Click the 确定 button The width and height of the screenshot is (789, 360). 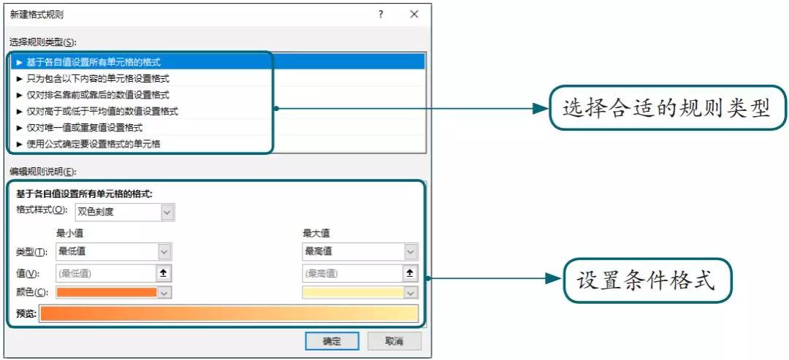332,342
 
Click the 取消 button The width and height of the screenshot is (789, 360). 394,342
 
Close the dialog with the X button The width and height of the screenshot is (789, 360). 414,15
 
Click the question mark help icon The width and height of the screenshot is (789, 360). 381,15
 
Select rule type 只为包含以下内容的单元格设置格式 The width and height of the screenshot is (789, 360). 98,78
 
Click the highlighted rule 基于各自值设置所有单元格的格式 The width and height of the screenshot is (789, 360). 93,62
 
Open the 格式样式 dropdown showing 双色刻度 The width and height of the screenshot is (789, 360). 125,212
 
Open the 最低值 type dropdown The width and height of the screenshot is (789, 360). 114,251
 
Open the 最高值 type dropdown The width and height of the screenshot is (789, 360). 360,251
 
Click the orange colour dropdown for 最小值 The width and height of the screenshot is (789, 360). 114,293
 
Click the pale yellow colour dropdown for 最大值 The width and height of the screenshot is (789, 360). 360,293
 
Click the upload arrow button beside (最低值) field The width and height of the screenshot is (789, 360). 164,273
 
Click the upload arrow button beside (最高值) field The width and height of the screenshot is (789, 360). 410,273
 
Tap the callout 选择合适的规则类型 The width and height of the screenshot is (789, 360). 667,109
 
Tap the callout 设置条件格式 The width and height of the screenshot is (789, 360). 646,280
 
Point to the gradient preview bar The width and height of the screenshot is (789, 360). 229,313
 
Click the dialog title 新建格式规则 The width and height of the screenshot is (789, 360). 37,15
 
